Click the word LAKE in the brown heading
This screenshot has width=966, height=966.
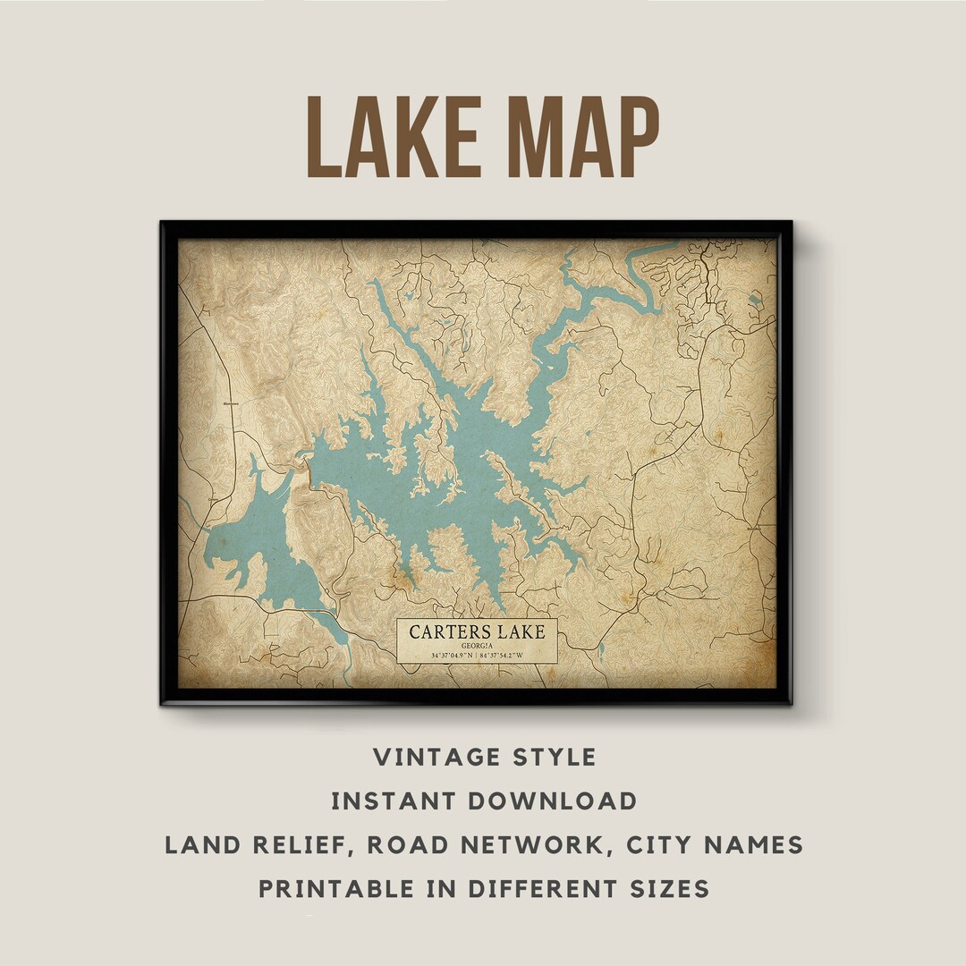[396, 137]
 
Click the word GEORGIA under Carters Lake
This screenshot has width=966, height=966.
[478, 645]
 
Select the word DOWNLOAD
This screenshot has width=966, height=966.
[554, 801]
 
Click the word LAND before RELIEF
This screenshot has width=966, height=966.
[200, 845]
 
